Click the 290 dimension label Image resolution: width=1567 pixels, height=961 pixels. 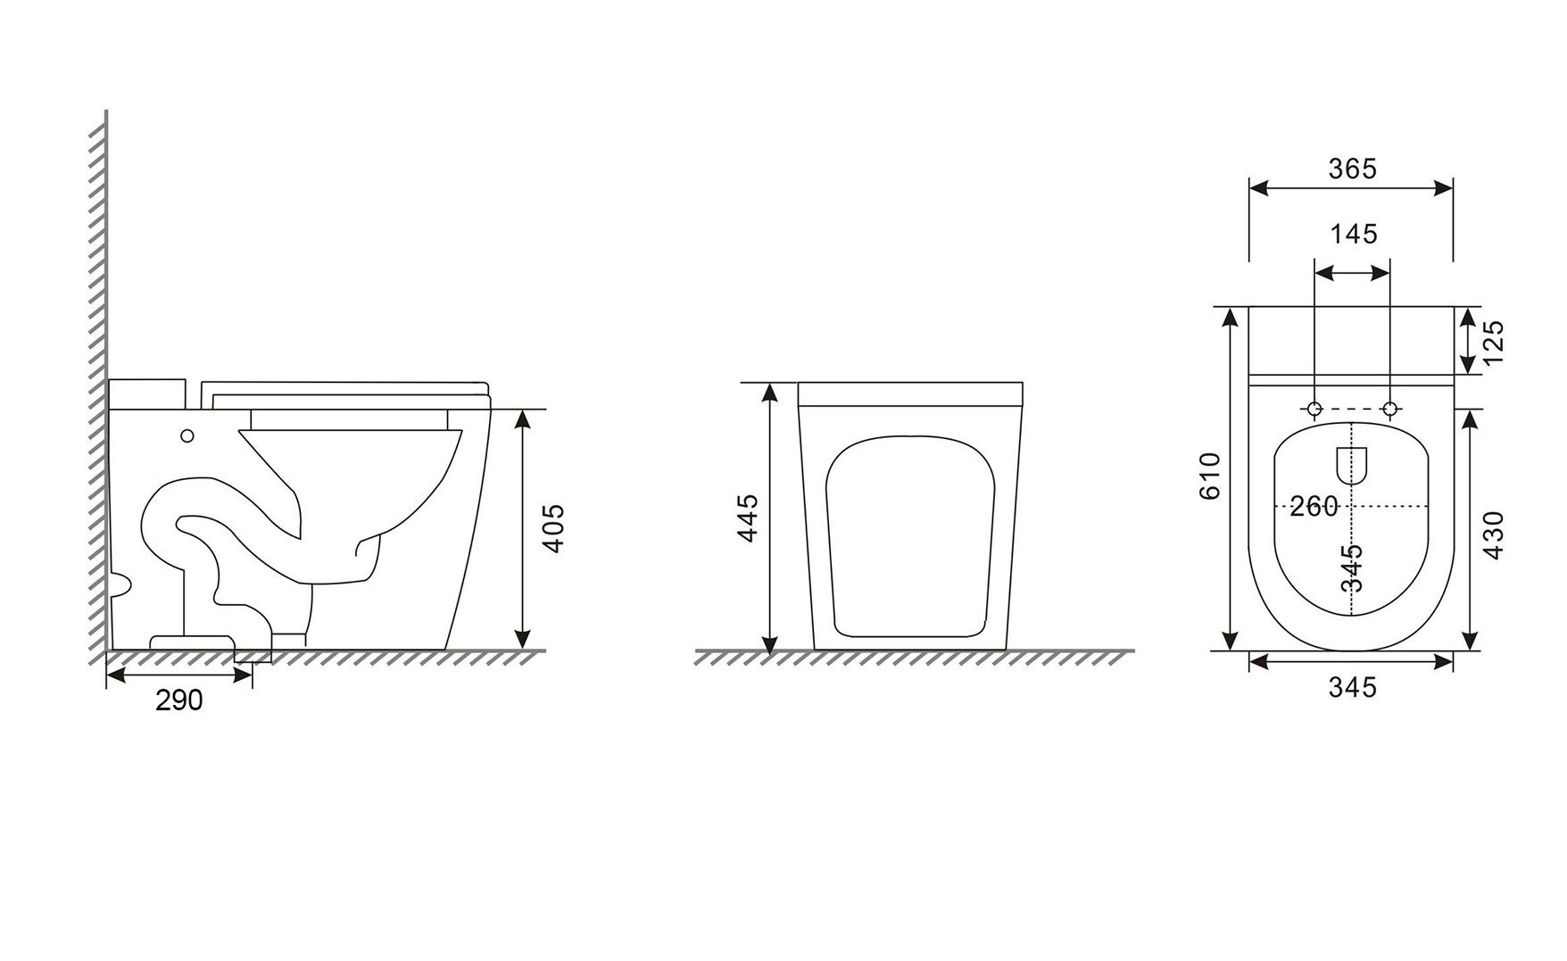179,700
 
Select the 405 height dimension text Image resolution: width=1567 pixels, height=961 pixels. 553,529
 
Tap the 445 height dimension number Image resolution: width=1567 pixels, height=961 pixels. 747,518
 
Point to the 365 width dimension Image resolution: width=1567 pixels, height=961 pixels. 1353,169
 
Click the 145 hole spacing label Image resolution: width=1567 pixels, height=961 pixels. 1354,234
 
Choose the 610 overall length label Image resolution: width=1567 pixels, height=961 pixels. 1209,476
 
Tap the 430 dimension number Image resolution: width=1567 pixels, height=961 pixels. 1493,535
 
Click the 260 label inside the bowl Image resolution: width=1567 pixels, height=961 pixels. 1314,507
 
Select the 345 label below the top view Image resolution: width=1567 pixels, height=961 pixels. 1353,687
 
